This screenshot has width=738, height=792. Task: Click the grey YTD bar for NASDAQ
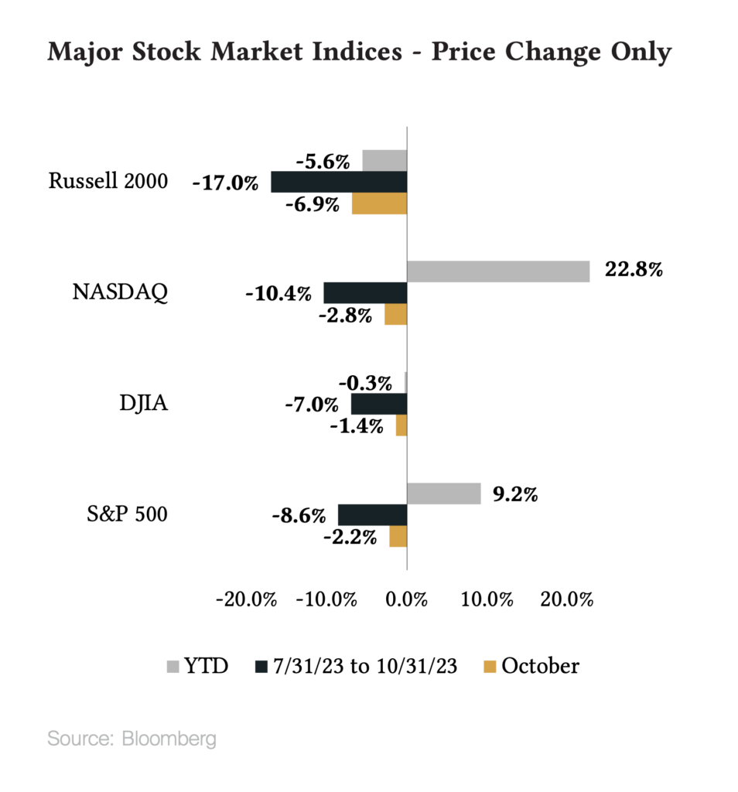point(498,271)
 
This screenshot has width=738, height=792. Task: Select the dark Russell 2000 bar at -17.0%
point(339,182)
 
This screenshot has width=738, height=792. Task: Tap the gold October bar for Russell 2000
point(379,204)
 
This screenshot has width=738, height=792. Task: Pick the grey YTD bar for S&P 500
point(444,493)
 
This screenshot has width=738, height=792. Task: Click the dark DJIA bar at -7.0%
point(379,404)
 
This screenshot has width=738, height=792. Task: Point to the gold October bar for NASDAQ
point(395,315)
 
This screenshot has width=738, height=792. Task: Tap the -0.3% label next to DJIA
point(364,382)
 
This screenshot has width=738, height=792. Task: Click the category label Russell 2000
point(108,182)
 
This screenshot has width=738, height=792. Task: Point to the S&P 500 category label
point(126,514)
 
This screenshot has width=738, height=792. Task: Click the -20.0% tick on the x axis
point(247,600)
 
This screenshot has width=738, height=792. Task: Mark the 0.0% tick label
point(407,600)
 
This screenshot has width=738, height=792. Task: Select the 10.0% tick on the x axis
point(487,600)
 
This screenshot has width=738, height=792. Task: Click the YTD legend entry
point(198,666)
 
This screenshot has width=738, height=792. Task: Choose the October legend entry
point(531,666)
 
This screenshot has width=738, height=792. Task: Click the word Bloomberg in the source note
point(169,739)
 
